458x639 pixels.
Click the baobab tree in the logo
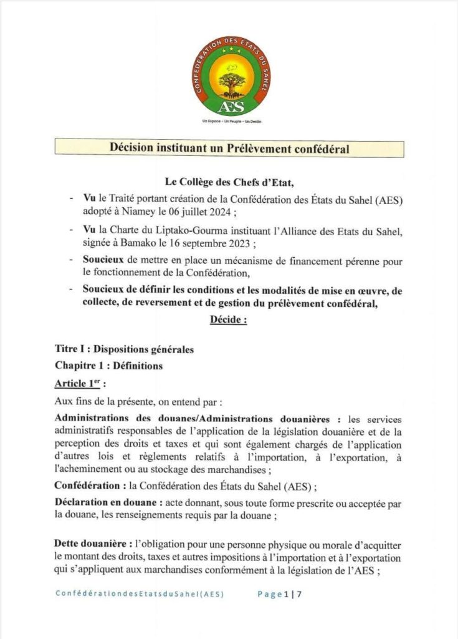point(229,79)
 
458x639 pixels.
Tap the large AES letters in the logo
point(229,105)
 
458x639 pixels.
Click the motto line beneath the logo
point(229,122)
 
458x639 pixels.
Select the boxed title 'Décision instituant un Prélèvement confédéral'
point(229,149)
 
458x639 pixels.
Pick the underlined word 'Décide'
point(226,320)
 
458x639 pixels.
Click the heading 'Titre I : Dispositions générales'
point(124,349)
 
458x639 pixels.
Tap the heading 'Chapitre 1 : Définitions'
point(108,366)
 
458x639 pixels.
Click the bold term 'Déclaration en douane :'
point(112,503)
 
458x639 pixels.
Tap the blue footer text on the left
point(140,595)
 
